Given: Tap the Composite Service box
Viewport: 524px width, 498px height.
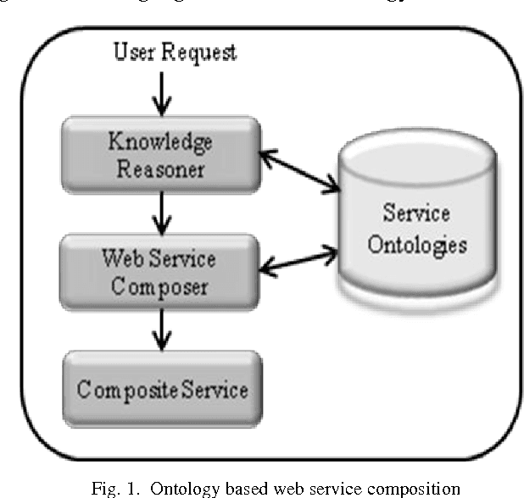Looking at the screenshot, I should pyautogui.click(x=161, y=390).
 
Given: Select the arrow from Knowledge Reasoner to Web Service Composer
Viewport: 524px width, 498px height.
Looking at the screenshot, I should pyautogui.click(x=159, y=212).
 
